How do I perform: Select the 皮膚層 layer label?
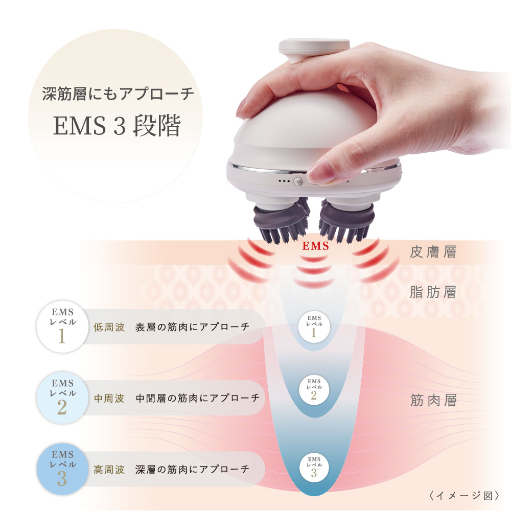(x=433, y=253)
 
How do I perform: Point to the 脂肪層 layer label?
(x=433, y=292)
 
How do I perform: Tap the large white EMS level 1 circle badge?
(x=62, y=328)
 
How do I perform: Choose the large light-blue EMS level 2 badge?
(x=62, y=398)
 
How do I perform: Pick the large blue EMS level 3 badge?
(x=62, y=469)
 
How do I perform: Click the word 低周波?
(x=109, y=327)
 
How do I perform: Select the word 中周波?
(x=109, y=398)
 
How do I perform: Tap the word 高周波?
(x=109, y=469)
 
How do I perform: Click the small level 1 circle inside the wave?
(x=314, y=326)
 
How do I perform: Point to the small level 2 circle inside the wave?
(x=314, y=390)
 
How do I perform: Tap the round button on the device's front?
(x=298, y=181)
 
